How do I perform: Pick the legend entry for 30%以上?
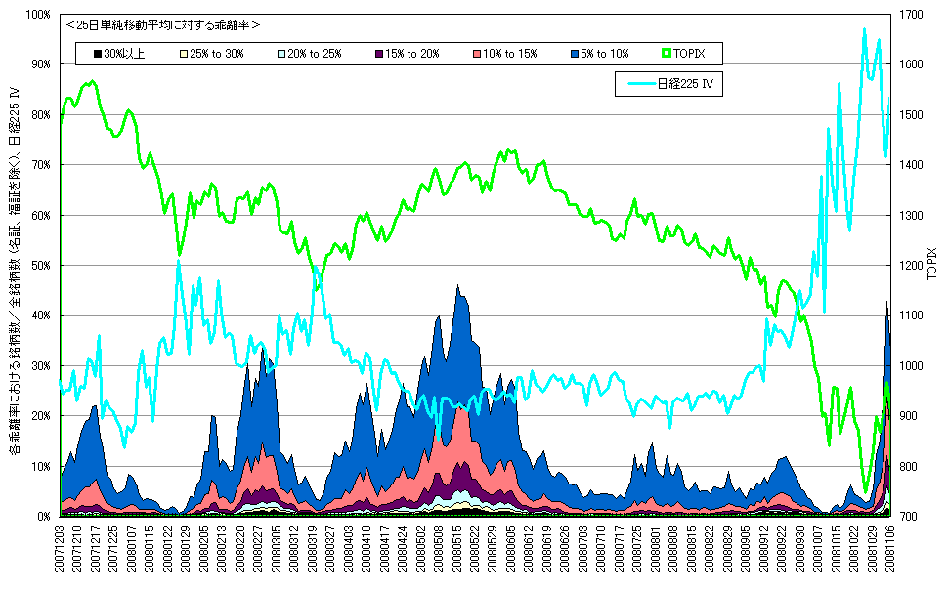118,53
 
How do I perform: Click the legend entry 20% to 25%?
308,53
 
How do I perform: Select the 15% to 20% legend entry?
407,53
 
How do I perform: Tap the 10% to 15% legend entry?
502,53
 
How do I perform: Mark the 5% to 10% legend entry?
596,53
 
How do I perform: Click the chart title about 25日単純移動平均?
162,24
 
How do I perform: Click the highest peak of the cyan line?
864,29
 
